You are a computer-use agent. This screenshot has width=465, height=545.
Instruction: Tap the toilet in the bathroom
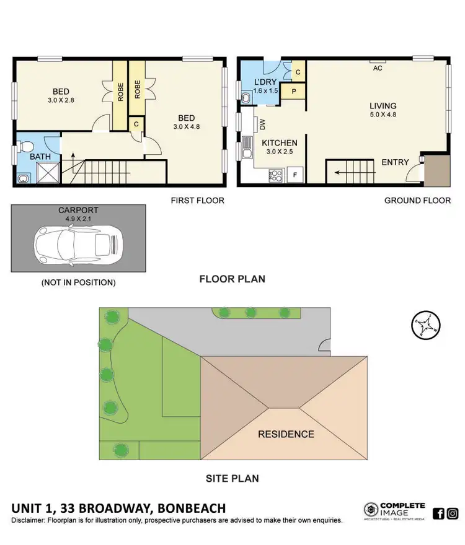pos(24,148)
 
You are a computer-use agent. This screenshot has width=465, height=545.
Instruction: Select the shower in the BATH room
pos(47,173)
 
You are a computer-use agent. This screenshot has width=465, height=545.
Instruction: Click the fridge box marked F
pos(295,175)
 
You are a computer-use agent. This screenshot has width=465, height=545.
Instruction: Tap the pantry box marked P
pos(292,91)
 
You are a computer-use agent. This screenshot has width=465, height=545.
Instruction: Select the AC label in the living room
pos(378,68)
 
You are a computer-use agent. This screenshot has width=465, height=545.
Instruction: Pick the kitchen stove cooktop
pos(275,175)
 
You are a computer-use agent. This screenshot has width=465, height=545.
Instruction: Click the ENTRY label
pos(395,162)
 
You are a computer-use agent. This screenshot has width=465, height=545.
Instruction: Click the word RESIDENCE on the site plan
pos(286,434)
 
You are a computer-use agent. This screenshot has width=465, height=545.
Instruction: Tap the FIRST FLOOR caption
pos(198,201)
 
